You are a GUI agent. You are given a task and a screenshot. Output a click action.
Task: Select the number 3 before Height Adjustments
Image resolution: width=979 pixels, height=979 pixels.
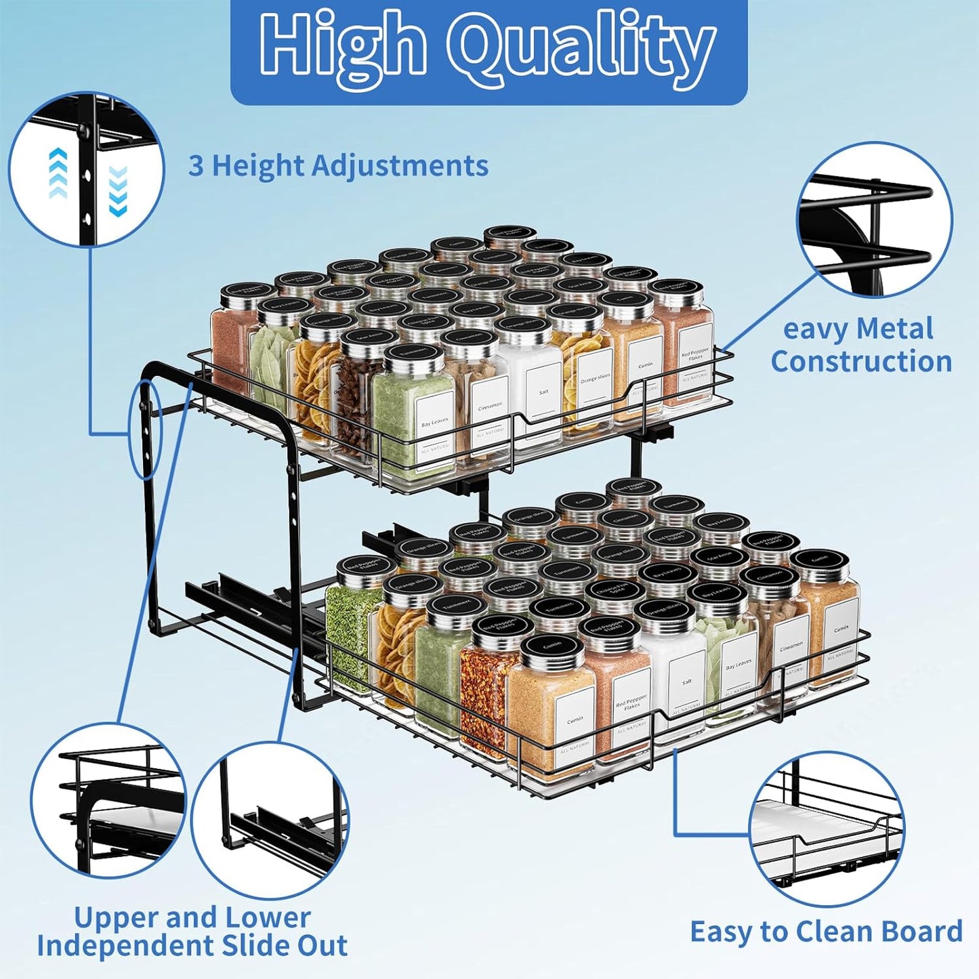point(195,165)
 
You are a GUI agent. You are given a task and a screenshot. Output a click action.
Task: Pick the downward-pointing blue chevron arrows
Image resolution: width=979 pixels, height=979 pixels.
point(118,192)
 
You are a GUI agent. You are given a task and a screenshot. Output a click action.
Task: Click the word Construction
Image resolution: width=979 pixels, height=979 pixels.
point(861,361)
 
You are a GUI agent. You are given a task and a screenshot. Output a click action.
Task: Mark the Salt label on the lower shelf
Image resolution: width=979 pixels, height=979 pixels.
point(687,682)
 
